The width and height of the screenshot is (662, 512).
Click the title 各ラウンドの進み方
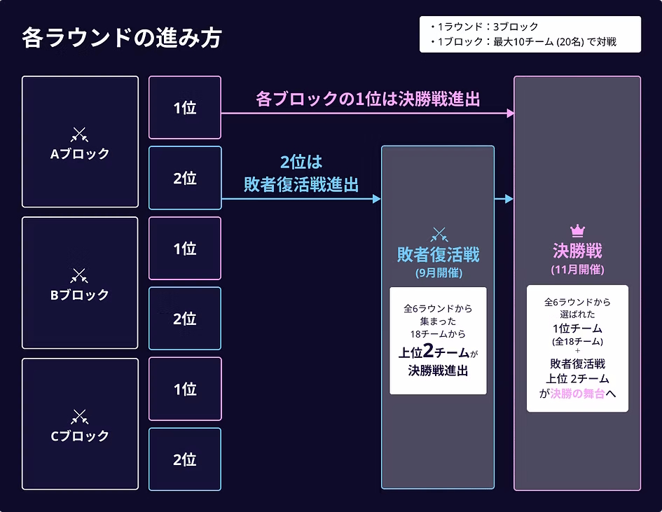click(121, 38)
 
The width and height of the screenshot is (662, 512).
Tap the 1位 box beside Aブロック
click(185, 108)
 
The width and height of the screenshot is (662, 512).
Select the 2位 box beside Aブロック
click(185, 178)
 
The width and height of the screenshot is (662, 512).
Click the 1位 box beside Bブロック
click(185, 249)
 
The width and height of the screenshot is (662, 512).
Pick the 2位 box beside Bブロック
click(185, 319)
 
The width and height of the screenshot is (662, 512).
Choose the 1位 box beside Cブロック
click(185, 389)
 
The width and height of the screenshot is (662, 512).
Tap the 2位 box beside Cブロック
click(185, 459)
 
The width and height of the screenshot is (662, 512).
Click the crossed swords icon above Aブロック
click(80, 134)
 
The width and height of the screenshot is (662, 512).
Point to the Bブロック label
click(80, 295)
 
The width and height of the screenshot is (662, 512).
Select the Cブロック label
click(80, 436)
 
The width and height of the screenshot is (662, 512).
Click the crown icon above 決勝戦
click(577, 230)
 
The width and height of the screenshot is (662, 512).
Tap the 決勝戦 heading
click(577, 251)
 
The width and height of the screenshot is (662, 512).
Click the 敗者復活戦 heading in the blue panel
click(439, 254)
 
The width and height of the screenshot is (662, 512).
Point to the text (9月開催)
click(439, 272)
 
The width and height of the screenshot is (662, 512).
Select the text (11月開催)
click(577, 269)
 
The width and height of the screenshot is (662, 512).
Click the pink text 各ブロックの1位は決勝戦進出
click(368, 99)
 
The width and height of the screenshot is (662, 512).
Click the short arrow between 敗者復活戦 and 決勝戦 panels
click(504, 199)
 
